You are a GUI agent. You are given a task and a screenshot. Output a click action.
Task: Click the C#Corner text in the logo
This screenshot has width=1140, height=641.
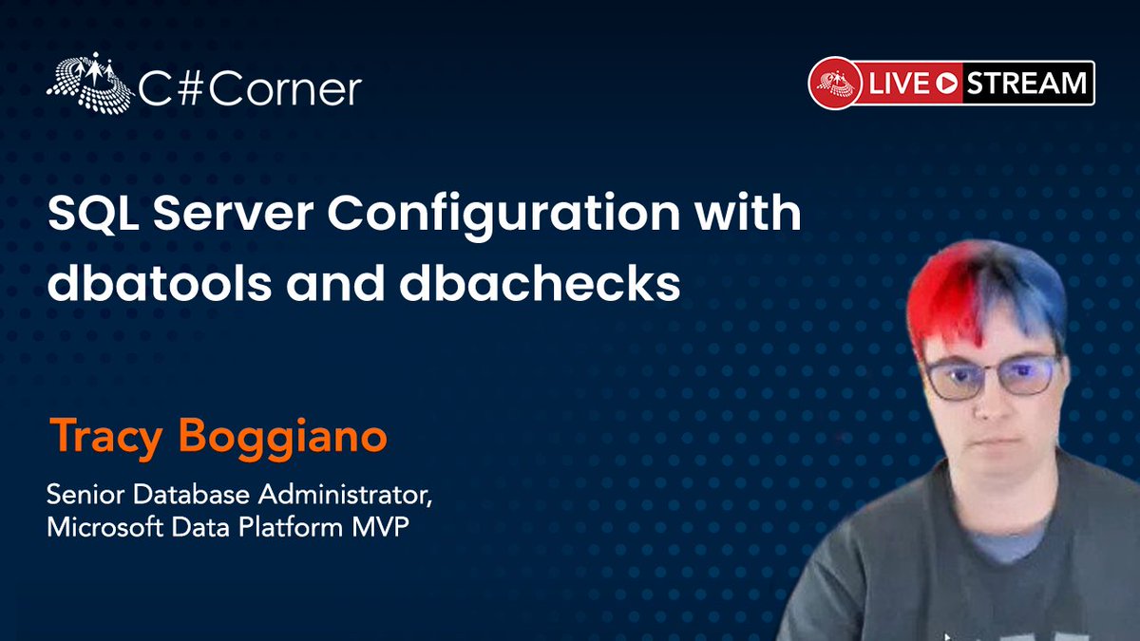250,90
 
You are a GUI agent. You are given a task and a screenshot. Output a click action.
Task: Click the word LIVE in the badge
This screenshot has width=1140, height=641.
896,84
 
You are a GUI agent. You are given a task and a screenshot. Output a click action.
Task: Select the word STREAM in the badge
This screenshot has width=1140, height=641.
1027,84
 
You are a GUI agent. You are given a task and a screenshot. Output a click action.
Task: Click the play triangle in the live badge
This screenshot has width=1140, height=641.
945,84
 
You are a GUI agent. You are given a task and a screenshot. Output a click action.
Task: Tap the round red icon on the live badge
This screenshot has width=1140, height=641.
834,84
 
